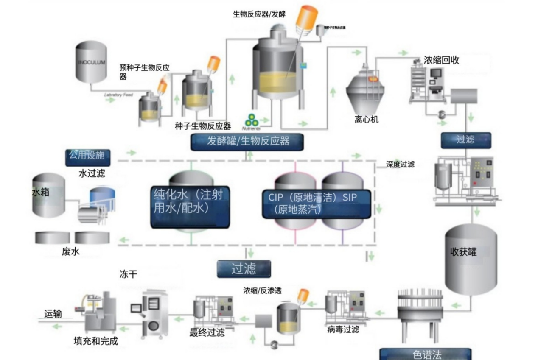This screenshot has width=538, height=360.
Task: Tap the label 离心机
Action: (x=367, y=120)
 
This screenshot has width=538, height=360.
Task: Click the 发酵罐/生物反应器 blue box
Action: (x=247, y=142)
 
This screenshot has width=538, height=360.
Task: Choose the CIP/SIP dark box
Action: (x=317, y=204)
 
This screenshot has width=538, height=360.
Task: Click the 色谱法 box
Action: (x=425, y=354)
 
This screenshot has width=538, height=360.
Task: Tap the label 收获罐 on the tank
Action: (x=463, y=252)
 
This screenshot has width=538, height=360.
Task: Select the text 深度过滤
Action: (x=400, y=165)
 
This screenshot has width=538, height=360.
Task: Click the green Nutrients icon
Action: (x=250, y=120)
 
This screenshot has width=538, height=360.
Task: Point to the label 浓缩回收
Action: (x=441, y=60)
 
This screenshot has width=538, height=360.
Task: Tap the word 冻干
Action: (x=128, y=274)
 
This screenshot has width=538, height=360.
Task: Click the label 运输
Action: (x=53, y=314)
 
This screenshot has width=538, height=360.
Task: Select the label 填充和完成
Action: (x=96, y=341)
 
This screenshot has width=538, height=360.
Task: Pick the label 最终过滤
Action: (x=207, y=332)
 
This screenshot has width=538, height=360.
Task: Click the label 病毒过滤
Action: (x=343, y=329)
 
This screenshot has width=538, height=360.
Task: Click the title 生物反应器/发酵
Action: (x=259, y=14)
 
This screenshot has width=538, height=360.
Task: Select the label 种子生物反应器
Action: (x=203, y=126)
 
